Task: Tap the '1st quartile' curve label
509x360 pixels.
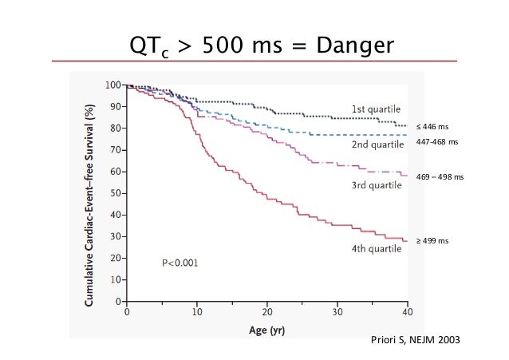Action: click(x=377, y=109)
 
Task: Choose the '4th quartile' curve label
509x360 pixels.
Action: click(x=377, y=248)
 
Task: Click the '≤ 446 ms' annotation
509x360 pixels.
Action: click(x=436, y=126)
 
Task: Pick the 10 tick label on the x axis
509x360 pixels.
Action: click(x=197, y=312)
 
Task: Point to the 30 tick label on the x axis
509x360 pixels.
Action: click(x=337, y=312)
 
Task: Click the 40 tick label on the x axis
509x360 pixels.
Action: click(x=407, y=312)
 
